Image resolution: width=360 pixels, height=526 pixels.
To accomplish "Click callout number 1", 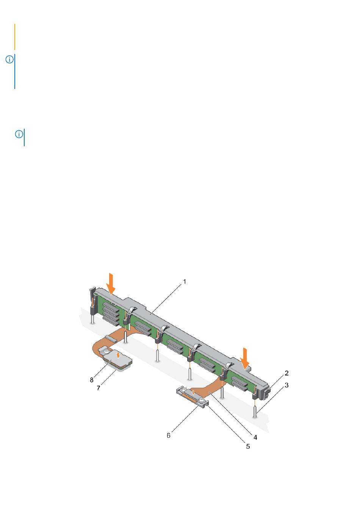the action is [x=185, y=281].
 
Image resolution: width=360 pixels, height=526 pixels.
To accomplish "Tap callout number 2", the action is [x=286, y=373].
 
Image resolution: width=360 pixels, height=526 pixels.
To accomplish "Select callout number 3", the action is [x=286, y=385].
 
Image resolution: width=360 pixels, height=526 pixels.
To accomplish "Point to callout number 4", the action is [x=255, y=437].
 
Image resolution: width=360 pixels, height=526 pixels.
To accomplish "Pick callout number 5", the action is [x=248, y=446].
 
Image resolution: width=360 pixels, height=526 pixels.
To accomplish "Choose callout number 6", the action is [x=169, y=435].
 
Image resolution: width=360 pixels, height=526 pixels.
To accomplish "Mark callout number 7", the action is [x=99, y=388].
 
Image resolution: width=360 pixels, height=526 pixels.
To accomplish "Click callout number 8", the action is [x=92, y=380].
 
